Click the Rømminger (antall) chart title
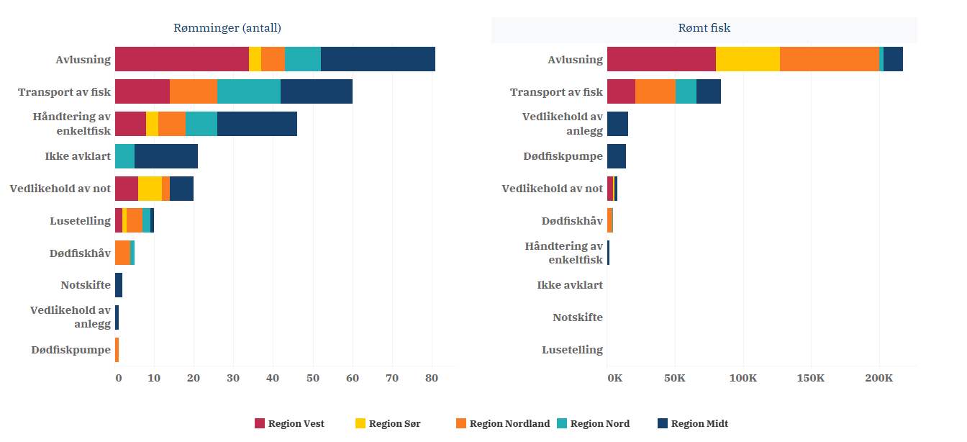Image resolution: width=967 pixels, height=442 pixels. (227, 28)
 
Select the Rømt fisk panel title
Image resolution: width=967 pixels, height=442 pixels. (704, 28)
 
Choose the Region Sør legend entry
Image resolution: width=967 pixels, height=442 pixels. (388, 423)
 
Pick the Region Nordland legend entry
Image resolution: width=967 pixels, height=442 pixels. (503, 423)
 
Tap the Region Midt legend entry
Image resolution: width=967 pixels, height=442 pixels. (693, 423)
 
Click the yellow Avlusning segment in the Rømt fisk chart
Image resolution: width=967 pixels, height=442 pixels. (748, 59)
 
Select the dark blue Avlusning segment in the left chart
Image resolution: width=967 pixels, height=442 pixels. (378, 59)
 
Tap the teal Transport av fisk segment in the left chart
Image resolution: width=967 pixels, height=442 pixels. (248, 91)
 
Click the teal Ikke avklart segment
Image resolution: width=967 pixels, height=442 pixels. (124, 156)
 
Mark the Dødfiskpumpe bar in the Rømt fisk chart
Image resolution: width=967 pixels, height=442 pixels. (616, 156)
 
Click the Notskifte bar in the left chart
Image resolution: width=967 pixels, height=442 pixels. (119, 285)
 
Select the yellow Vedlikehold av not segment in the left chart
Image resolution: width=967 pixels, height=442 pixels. (150, 189)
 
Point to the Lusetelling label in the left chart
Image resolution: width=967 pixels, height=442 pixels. (80, 221)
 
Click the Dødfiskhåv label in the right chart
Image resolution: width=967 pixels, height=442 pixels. (572, 221)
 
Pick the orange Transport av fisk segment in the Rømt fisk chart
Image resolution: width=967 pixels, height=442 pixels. (655, 91)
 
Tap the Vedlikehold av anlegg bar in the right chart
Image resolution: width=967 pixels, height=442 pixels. (617, 124)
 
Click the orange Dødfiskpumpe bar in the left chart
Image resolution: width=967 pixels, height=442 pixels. (117, 350)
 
